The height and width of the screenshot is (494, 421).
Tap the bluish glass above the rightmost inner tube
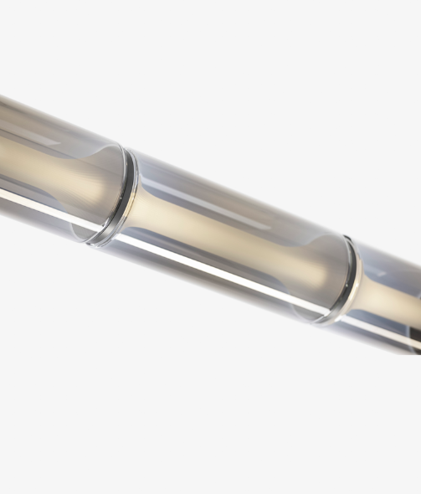pyautogui.click(x=393, y=266)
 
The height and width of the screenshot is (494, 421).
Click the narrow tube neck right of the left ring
pyautogui.click(x=155, y=209)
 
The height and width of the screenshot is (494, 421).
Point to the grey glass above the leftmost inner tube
pyautogui.click(x=50, y=126)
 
